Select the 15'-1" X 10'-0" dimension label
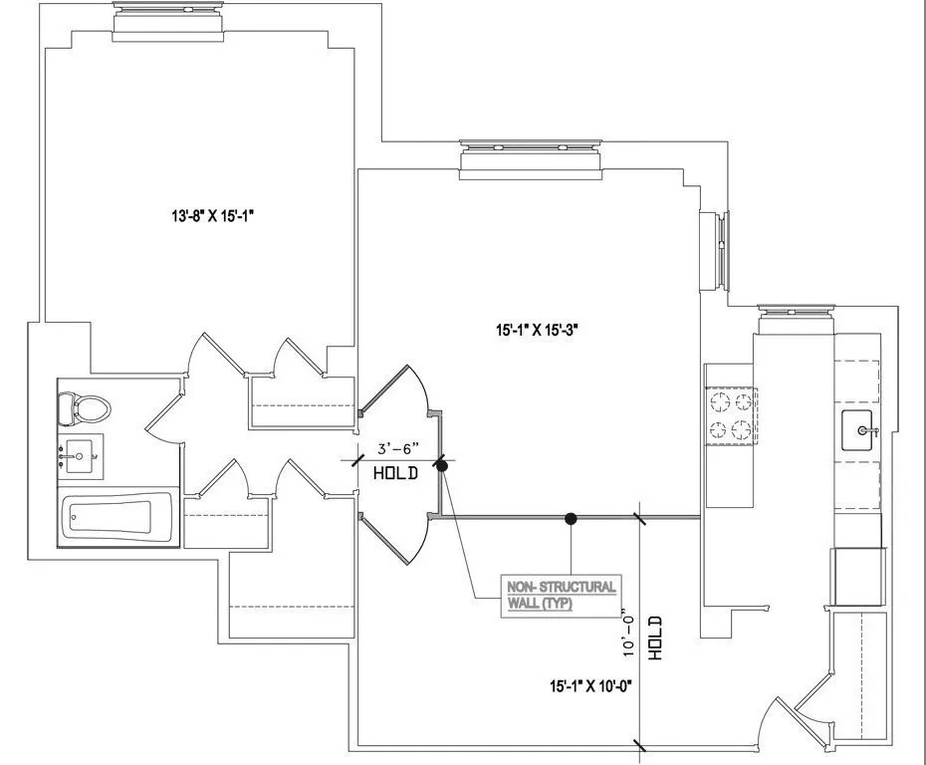[x=590, y=686]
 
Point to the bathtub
[x=111, y=518]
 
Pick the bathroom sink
[x=80, y=455]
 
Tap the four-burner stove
[x=731, y=415]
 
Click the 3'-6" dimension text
[x=398, y=449]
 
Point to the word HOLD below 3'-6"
[x=396, y=474]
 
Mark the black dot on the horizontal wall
[x=571, y=518]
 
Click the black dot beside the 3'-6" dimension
[x=442, y=465]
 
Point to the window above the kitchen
[x=796, y=318]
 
